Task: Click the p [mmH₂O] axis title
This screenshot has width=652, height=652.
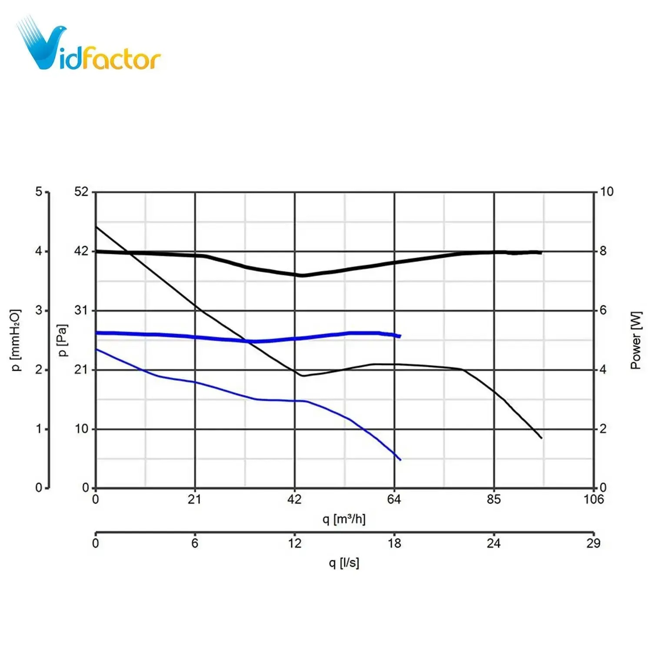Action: point(16,340)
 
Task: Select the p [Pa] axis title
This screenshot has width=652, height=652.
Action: point(63,340)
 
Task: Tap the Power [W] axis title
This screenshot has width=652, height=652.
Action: point(635,340)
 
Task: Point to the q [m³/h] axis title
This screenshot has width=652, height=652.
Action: point(344,519)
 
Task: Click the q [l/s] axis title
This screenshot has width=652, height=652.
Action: point(344,563)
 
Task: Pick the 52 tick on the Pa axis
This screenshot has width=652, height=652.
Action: point(81,192)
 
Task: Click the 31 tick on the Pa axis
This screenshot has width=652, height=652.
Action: point(81,310)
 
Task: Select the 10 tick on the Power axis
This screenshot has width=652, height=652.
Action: point(607,192)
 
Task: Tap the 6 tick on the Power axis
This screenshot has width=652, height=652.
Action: point(603,310)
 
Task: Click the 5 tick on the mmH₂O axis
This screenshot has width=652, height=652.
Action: point(39,192)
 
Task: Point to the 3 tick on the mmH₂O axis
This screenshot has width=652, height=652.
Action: point(39,310)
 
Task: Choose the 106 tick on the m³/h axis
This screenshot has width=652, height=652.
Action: point(594,499)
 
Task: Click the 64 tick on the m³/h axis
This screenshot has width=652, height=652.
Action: point(394,499)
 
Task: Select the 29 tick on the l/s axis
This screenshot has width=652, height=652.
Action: point(593,543)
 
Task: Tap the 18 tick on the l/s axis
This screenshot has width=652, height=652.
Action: point(394,543)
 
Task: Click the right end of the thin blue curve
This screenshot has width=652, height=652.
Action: point(400,459)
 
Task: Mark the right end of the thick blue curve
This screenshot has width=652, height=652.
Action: point(400,336)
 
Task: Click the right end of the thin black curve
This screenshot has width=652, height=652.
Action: point(542,438)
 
